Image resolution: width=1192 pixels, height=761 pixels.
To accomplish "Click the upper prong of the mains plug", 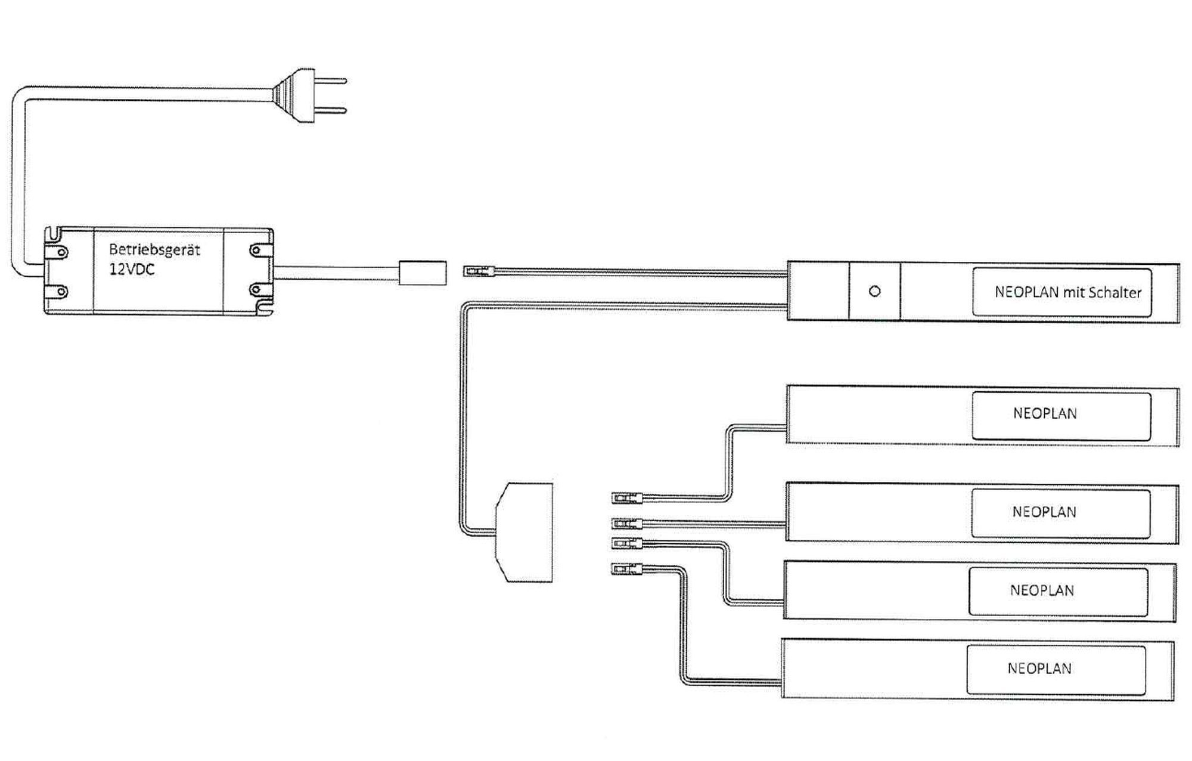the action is [x=330, y=81].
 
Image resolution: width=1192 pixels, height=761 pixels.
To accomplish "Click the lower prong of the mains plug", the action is [x=330, y=110].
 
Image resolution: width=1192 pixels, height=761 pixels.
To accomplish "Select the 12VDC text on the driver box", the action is [x=132, y=269].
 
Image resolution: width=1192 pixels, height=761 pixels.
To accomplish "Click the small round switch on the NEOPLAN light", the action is [x=874, y=292].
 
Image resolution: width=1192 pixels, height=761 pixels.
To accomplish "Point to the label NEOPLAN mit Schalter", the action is [x=1067, y=292].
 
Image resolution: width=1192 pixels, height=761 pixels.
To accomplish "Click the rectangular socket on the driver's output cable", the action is [x=422, y=272].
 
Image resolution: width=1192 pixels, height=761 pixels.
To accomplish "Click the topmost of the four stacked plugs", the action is [x=625, y=497].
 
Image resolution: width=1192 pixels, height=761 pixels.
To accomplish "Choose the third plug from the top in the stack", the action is [x=626, y=543].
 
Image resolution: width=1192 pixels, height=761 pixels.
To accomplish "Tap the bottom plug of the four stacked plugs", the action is [x=625, y=569].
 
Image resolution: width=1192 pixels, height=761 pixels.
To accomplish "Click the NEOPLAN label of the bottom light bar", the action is [x=1039, y=669].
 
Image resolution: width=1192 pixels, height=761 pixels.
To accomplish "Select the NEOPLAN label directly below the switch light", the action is [x=1045, y=413].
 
